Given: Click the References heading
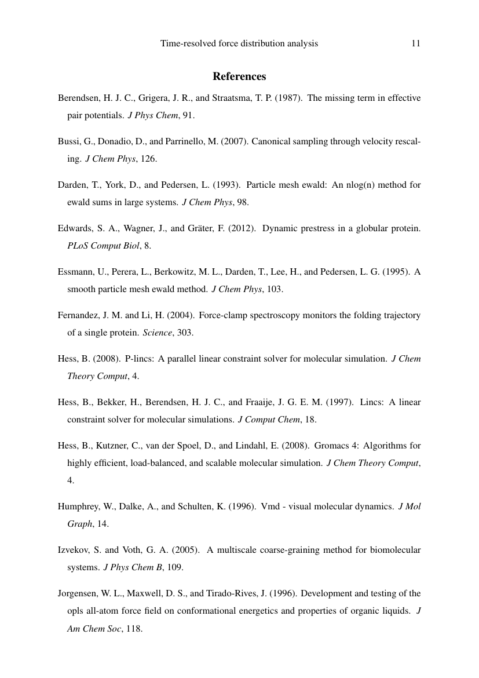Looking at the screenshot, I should [239, 76].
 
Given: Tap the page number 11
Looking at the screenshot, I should [415, 43].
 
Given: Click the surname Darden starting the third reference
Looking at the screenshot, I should [72, 185].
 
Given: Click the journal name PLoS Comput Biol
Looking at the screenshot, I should [104, 246].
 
